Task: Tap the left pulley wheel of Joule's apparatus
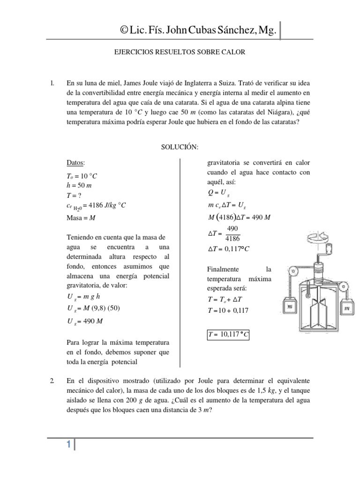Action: [x=293, y=270]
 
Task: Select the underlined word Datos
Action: [x=75, y=163]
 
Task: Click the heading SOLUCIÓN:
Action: [x=180, y=147]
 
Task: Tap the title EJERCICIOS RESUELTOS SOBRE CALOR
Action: [x=180, y=53]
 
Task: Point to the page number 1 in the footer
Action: [x=68, y=446]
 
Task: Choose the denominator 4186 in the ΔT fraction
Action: [x=232, y=238]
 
